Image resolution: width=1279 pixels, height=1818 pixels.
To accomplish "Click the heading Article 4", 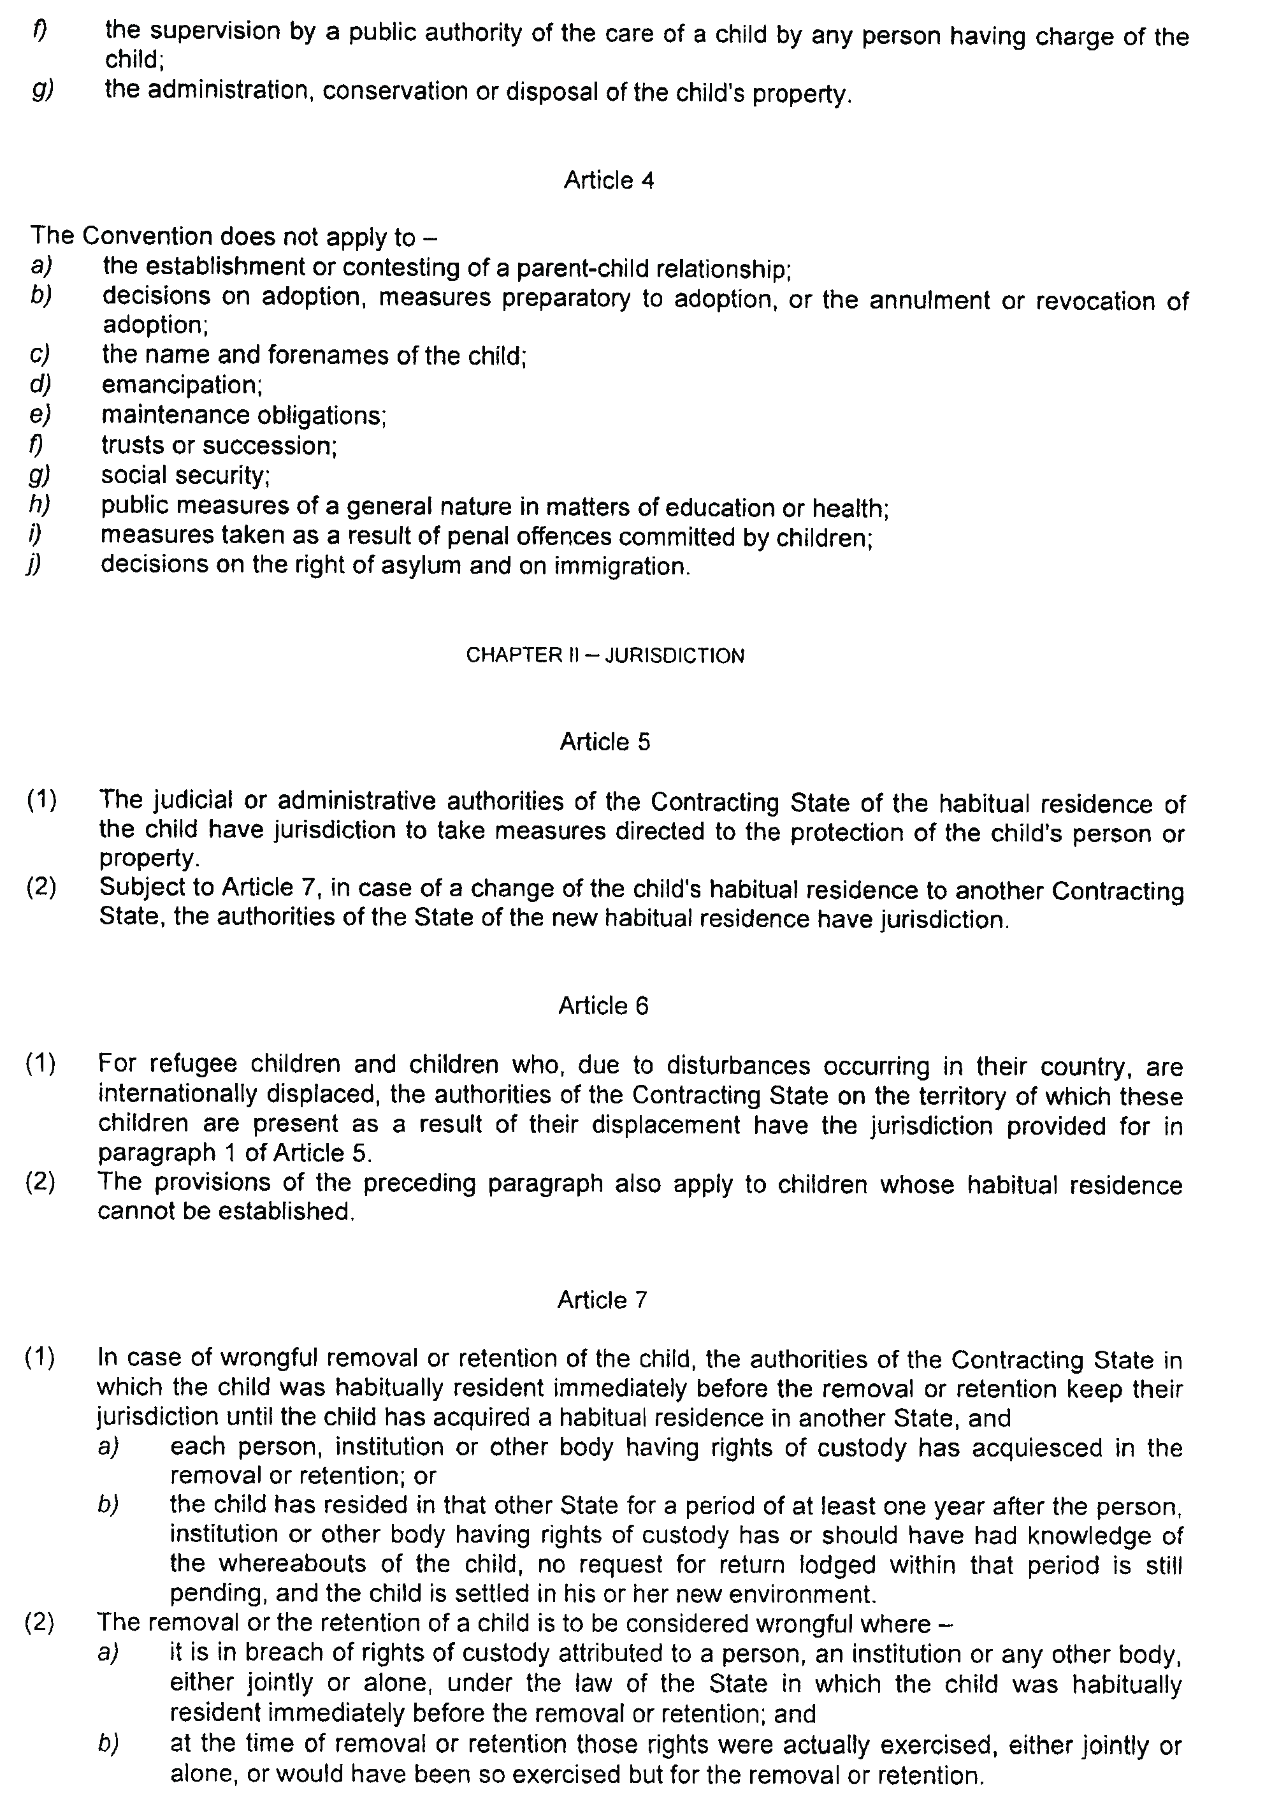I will coord(608,180).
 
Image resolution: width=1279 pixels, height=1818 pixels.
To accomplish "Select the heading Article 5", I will coord(605,742).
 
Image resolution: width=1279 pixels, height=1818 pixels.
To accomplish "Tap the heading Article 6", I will coord(603,1006).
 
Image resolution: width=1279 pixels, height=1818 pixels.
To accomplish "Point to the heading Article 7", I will coord(602,1300).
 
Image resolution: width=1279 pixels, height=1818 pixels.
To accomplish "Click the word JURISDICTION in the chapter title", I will coord(674,656).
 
